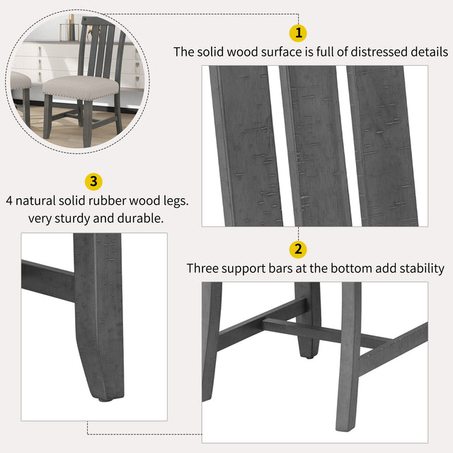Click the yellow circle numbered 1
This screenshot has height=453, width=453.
click(x=298, y=33)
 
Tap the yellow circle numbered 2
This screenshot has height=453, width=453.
click(x=298, y=249)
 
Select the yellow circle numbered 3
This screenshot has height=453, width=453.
click(x=92, y=181)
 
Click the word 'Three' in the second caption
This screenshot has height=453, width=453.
click(x=202, y=269)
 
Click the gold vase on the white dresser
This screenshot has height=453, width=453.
click(x=70, y=32)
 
